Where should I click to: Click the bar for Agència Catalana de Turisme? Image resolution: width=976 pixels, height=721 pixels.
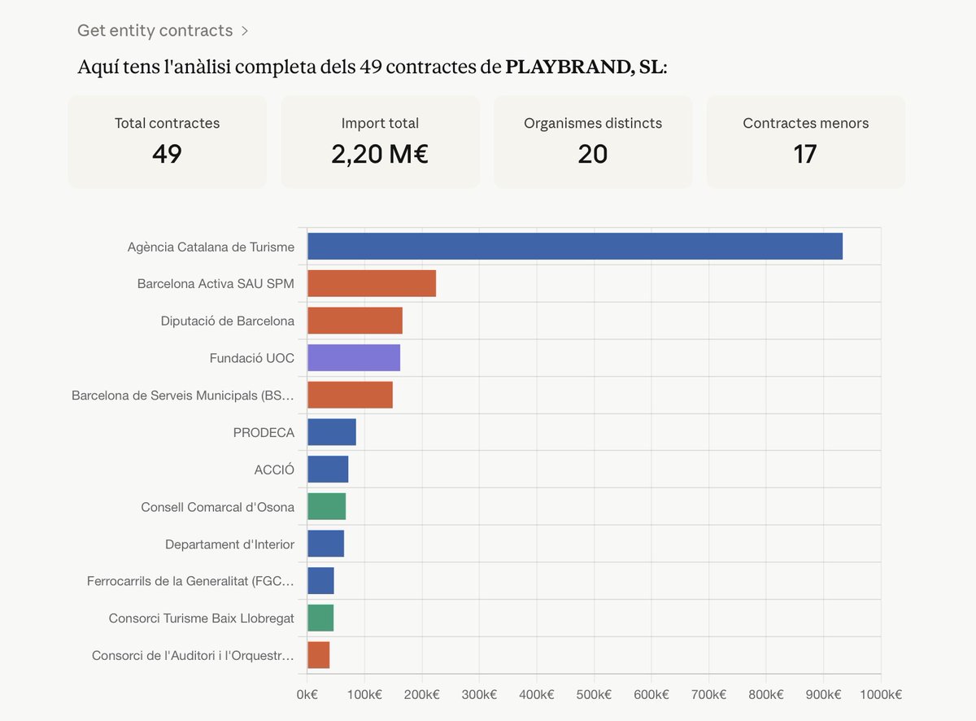click(x=574, y=247)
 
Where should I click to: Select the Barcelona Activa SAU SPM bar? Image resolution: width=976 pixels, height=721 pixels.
click(x=372, y=283)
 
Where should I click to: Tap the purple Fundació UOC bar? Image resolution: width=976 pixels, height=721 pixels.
click(x=354, y=358)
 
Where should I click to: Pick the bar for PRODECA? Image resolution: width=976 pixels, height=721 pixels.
click(x=332, y=432)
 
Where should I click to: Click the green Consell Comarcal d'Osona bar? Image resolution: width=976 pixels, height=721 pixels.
click(x=326, y=507)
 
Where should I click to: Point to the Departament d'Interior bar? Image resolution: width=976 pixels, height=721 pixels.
click(x=325, y=544)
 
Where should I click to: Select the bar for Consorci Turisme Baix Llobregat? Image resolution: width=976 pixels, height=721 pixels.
click(x=320, y=618)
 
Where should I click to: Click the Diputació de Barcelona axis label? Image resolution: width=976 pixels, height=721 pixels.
click(x=228, y=321)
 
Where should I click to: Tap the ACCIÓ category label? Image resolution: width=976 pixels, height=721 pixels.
click(x=274, y=470)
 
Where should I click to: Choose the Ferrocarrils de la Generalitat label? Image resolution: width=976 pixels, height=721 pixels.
click(x=190, y=581)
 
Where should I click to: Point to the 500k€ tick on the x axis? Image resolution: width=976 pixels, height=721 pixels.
click(x=594, y=694)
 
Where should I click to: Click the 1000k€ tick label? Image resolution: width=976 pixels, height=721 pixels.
click(x=880, y=694)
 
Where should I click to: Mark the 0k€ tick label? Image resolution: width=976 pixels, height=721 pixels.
click(x=307, y=694)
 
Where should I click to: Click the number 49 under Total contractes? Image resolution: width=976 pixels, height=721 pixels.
click(x=167, y=154)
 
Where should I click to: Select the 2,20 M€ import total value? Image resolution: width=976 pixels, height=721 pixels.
click(x=380, y=154)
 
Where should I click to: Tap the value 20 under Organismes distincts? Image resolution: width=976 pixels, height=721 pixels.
click(x=593, y=154)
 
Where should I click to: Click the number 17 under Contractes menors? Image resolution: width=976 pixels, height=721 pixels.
click(x=805, y=154)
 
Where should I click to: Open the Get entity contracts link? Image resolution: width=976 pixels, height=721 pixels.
click(x=155, y=31)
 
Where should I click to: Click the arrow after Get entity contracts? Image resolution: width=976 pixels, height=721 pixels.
click(x=244, y=32)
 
